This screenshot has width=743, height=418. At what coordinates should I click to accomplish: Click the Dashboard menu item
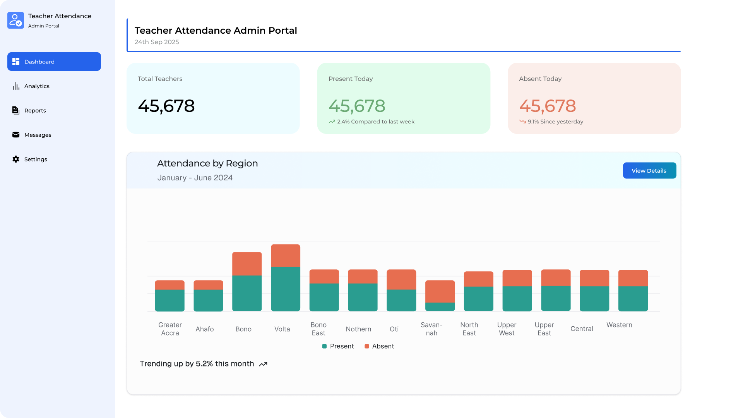[x=54, y=62]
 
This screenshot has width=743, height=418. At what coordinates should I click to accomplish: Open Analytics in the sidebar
[x=37, y=86]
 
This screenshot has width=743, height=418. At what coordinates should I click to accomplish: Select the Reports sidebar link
[x=35, y=110]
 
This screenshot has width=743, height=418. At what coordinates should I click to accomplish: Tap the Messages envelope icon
[x=16, y=135]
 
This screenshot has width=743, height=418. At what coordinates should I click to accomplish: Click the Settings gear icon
[x=16, y=159]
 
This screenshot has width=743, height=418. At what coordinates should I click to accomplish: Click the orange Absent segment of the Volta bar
[x=285, y=255]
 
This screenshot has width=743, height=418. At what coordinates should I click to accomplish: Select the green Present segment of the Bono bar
[x=247, y=293]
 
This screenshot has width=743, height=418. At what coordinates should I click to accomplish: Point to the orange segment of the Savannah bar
[x=440, y=291]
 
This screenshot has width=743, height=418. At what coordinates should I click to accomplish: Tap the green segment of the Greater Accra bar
[x=169, y=300]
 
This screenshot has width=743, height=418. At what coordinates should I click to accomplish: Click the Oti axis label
[x=394, y=329]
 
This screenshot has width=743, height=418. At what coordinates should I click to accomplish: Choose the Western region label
[x=619, y=325]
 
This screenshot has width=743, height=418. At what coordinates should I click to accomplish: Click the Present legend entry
[x=338, y=346]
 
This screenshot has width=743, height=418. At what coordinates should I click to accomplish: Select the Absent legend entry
[x=379, y=346]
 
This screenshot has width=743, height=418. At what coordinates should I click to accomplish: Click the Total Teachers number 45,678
[x=166, y=106]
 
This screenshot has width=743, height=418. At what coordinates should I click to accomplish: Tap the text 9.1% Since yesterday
[x=555, y=122]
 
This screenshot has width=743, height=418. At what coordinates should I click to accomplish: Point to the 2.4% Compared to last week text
[x=375, y=122]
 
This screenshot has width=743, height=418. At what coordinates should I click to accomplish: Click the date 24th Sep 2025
[x=157, y=42]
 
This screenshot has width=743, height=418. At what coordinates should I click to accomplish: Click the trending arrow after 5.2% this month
[x=263, y=364]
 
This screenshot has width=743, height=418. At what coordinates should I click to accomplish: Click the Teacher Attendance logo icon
[x=15, y=20]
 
